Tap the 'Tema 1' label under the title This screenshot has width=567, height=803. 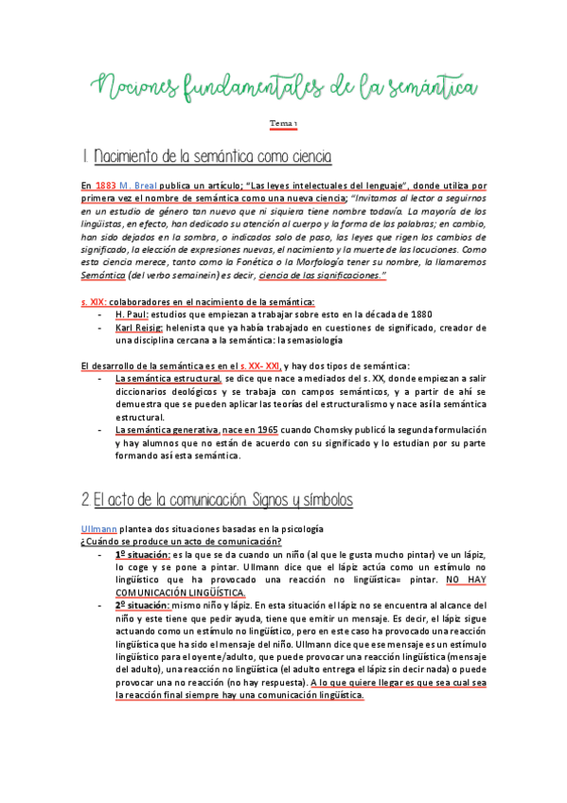(283, 124)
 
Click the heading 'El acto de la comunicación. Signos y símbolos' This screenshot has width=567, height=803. (217, 498)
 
